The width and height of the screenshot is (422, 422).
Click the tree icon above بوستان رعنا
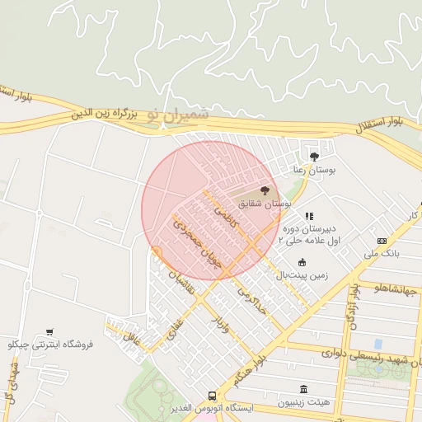coord(313,156)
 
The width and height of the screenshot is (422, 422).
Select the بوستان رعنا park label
coord(311,169)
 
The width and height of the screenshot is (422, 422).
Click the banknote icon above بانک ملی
coord(381,241)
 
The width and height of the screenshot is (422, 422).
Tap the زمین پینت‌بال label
coord(302,274)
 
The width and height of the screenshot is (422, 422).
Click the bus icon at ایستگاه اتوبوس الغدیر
coord(213,396)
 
